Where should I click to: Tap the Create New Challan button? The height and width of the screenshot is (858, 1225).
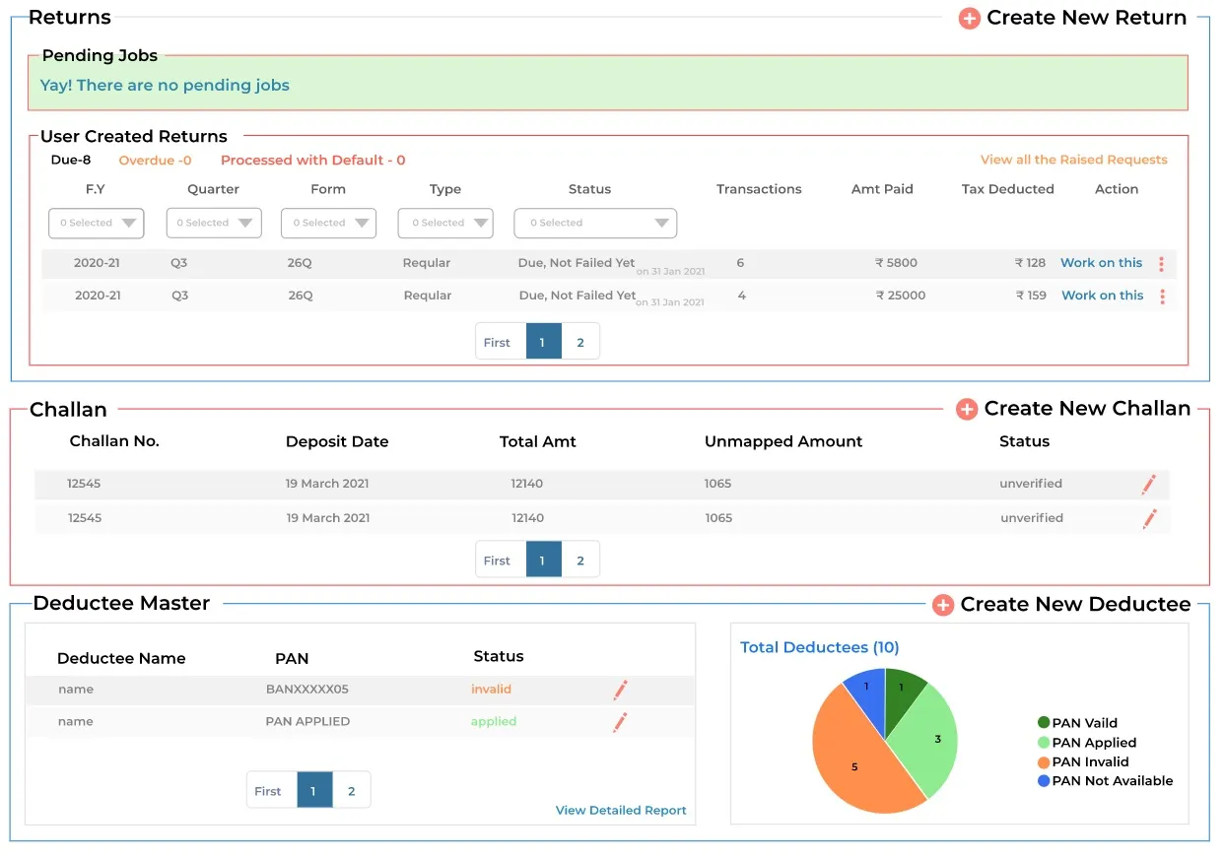1073,409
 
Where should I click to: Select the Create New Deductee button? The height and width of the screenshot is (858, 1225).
1061,604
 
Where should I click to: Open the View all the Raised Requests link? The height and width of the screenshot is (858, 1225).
1073,160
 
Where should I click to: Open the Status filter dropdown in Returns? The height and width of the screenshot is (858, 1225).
594,223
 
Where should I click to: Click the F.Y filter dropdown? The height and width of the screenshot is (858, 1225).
97,223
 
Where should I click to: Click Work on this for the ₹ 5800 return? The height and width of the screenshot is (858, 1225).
1101,263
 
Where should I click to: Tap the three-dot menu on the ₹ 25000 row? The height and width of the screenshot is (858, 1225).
1162,297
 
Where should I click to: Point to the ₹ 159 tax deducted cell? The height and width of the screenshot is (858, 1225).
1031,296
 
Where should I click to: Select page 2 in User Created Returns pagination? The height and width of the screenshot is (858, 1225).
580,342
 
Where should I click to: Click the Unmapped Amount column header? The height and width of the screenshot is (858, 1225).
783,441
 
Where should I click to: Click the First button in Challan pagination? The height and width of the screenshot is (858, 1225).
497,561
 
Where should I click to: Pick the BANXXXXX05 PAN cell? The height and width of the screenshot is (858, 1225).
306,690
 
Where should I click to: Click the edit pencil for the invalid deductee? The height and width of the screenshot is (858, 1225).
620,691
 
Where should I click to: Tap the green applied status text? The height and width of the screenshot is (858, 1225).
493,722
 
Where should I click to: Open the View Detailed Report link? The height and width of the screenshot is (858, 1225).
621,810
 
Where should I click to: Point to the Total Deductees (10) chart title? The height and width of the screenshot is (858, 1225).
819,647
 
